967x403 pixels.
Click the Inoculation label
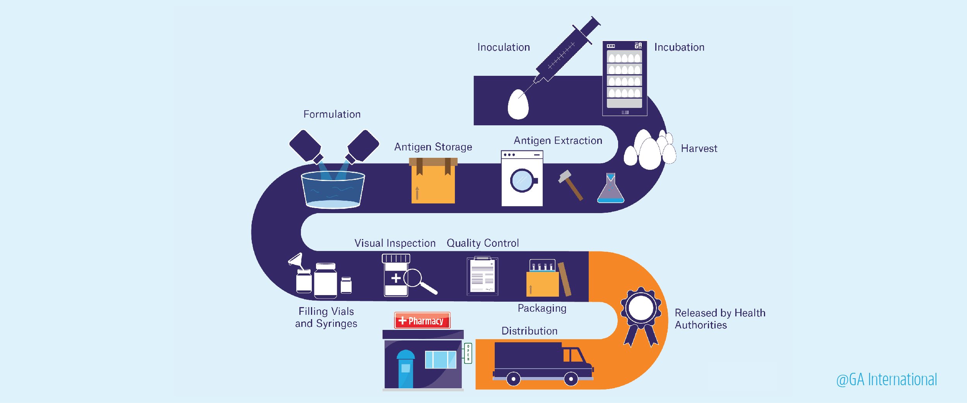(x=503, y=47)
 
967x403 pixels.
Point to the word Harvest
(x=699, y=149)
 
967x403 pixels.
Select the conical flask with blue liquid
(x=610, y=190)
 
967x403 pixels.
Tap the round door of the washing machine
(x=522, y=180)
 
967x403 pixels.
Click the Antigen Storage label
(x=433, y=147)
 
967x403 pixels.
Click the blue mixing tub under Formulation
(x=333, y=190)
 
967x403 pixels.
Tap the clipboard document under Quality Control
(x=482, y=276)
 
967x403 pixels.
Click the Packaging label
(x=542, y=308)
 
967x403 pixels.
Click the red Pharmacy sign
(x=422, y=321)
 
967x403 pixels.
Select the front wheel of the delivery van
(x=571, y=379)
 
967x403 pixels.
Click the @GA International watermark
(x=887, y=380)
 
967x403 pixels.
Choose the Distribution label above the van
(x=529, y=331)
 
